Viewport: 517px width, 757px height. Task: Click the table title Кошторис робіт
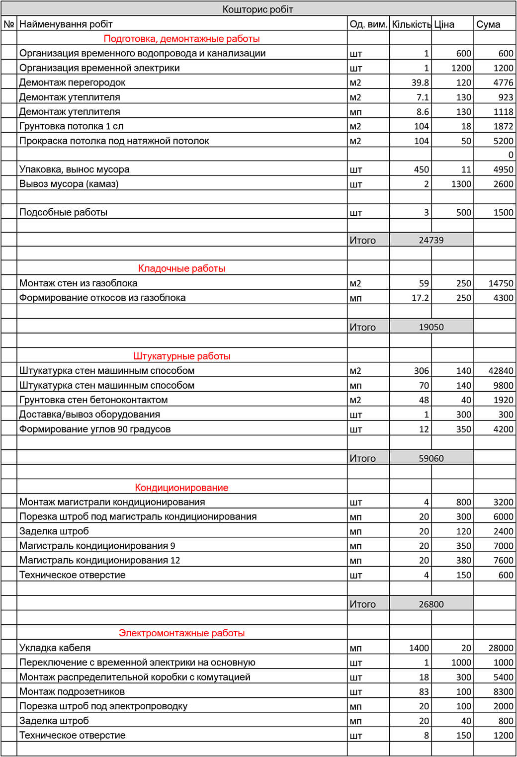point(258,9)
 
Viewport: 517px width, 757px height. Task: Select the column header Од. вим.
point(368,24)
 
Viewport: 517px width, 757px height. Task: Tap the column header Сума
point(488,24)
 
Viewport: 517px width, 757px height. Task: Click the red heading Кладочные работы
point(181,268)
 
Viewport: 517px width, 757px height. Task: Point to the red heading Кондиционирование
point(181,488)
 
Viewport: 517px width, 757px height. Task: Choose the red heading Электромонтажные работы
point(181,633)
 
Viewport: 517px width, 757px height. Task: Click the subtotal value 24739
point(431,240)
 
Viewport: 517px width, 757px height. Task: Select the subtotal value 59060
point(431,458)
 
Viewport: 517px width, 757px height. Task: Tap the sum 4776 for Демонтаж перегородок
point(503,83)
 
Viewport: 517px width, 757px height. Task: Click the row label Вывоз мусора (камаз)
point(69,184)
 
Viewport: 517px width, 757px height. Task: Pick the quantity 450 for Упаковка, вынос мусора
point(421,169)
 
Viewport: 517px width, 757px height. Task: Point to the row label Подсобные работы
point(63,212)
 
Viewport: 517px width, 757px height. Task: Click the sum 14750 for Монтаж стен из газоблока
point(501,283)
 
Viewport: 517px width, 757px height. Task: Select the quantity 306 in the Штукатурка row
point(421,371)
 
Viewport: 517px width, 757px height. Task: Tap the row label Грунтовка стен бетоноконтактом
point(93,400)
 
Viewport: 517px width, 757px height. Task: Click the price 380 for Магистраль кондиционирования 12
point(463,560)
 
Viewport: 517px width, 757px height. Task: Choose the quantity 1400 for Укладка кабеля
point(419,648)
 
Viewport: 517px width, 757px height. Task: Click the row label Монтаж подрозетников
point(72,691)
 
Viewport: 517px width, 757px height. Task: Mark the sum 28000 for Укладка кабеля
point(501,648)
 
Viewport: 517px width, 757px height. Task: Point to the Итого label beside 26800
point(362,604)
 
